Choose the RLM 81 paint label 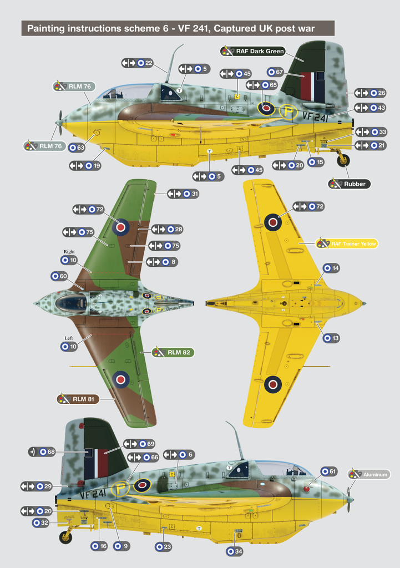[78, 399]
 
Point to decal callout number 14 [331, 268]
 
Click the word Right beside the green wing [69, 251]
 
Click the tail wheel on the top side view [343, 161]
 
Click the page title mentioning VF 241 [178, 28]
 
